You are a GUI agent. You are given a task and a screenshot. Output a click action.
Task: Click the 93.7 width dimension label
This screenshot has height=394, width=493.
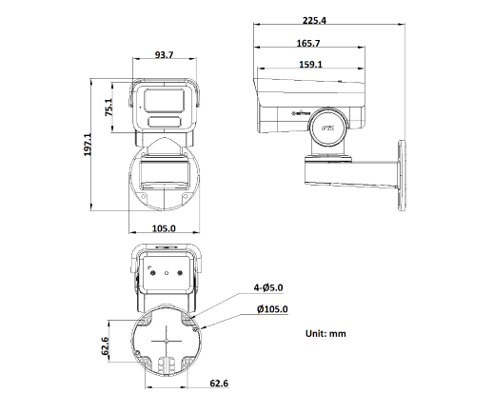tap(165, 55)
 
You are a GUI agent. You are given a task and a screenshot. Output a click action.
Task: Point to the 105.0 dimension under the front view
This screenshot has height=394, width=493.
tap(165, 228)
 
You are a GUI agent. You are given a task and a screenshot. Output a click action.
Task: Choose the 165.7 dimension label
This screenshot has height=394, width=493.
tap(308, 44)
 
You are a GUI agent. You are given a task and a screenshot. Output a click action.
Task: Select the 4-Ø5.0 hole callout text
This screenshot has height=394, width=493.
tap(269, 286)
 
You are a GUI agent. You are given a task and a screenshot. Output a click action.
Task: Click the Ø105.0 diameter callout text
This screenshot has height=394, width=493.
tap(272, 308)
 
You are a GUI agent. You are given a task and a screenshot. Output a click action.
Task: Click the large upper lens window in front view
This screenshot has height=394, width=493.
tap(167, 100)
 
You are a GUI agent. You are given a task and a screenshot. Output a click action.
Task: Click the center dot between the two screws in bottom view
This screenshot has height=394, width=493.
tap(167, 272)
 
